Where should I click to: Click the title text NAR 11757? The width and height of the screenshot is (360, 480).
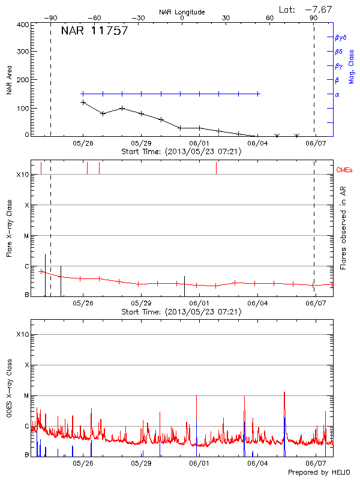pos(94,32)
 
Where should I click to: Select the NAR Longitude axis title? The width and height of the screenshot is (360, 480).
pos(182,12)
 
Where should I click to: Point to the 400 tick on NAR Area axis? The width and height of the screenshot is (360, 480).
pos(23,25)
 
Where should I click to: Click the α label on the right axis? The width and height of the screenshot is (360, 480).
pos(337,94)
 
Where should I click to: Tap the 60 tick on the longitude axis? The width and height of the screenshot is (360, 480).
pos(270,18)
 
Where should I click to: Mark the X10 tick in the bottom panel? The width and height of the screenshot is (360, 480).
pos(22,334)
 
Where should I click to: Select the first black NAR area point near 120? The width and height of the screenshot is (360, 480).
pos(83,103)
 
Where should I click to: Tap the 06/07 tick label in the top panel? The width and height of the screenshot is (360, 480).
pos(316,143)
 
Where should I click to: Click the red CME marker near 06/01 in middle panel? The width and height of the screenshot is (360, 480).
pos(216,168)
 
